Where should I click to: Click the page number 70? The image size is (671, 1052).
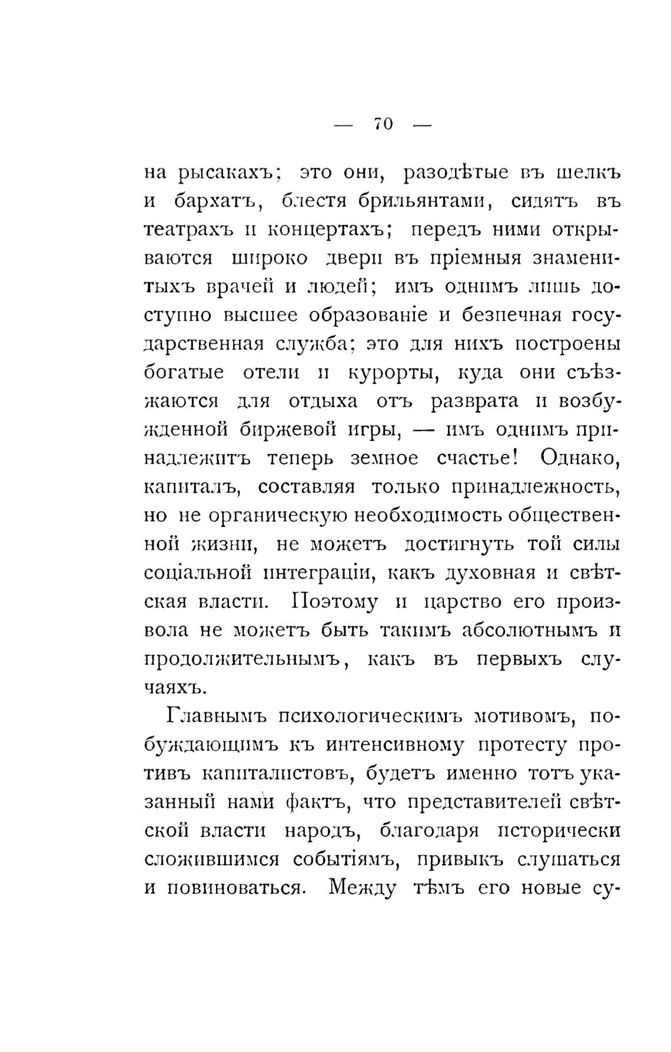point(383,124)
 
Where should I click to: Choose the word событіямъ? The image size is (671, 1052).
point(343,859)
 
